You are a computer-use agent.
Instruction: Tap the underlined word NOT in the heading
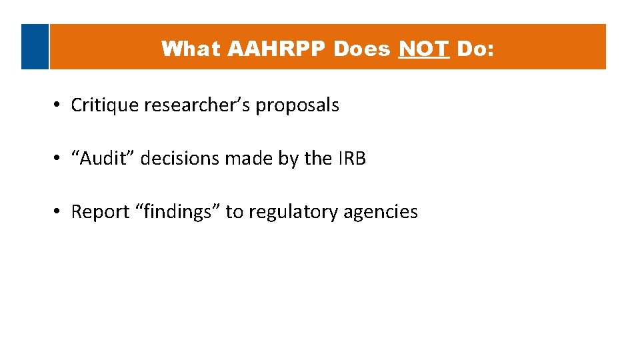click(423, 49)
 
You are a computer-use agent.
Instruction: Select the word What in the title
click(191, 49)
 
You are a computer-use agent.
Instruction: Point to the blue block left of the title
click(35, 47)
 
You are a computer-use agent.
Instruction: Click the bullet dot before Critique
click(59, 105)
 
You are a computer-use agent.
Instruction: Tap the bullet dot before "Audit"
click(59, 159)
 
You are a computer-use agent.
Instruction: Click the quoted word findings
click(176, 212)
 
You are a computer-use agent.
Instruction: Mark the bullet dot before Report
click(59, 212)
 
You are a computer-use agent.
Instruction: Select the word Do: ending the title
click(475, 49)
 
